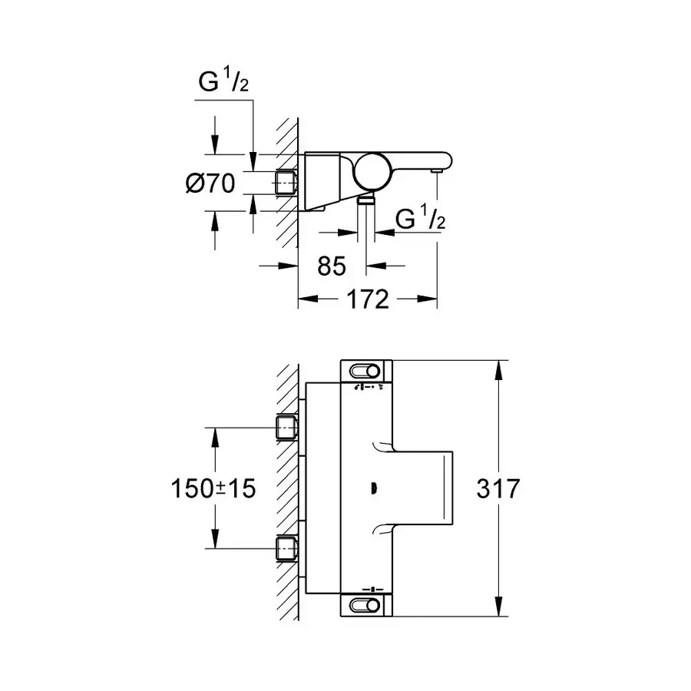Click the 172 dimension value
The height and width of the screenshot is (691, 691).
pos(366,299)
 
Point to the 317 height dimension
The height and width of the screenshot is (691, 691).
pos(498,488)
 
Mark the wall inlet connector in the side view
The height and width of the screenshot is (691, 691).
pos(286,183)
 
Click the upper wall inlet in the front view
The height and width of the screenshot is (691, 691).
pos(286,425)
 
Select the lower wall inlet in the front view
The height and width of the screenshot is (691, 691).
pos(286,547)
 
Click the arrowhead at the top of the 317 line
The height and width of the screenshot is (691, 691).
pos(500,370)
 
